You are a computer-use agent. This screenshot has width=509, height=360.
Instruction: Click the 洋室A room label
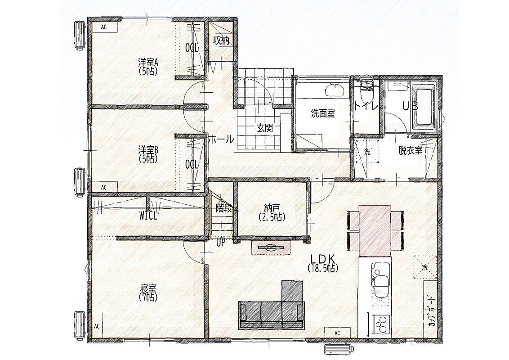tap(148, 61)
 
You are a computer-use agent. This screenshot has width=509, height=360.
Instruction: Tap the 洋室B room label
tap(148, 150)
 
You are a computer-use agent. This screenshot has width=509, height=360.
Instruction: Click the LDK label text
tap(323, 258)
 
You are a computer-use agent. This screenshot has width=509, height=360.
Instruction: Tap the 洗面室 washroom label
tap(323, 113)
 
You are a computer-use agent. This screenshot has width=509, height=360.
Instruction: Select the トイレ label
tap(366, 107)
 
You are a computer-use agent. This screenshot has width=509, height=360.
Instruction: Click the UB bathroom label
tap(410, 106)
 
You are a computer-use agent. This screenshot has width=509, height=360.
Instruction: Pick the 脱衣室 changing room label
tap(411, 151)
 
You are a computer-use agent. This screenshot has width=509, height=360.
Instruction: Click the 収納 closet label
tap(221, 40)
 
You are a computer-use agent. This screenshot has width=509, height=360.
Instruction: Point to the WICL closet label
tap(148, 216)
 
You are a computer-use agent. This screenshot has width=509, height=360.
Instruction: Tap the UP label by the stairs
tap(220, 243)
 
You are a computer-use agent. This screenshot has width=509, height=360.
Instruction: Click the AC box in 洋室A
tap(104, 27)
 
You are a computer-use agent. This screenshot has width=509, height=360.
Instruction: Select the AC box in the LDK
tap(337, 333)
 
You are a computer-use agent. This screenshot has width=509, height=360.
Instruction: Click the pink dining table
tap(375, 230)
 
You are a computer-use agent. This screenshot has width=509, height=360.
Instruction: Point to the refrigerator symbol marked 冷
tap(424, 267)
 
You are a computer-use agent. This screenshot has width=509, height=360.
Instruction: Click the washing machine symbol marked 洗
tap(367, 151)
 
